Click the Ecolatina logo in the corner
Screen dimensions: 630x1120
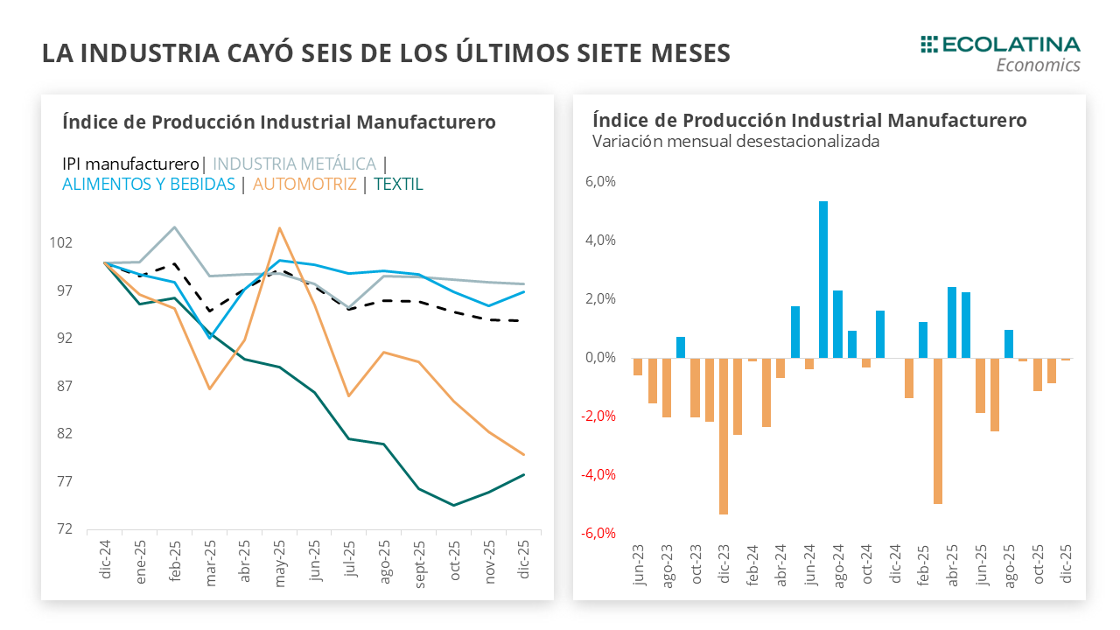click(1000, 53)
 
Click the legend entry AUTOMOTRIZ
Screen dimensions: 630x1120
click(304, 185)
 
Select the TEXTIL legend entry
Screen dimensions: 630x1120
click(398, 185)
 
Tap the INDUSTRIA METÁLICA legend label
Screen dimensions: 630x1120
click(295, 164)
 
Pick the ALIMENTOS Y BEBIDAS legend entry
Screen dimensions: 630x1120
click(149, 185)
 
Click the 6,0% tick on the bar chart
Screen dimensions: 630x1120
click(599, 182)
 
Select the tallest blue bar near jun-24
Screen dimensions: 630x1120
click(823, 279)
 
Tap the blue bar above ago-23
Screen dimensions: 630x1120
click(681, 346)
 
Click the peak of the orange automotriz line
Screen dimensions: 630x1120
click(279, 228)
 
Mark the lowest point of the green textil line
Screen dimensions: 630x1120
click(453, 505)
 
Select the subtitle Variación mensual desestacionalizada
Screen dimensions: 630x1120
click(735, 141)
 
